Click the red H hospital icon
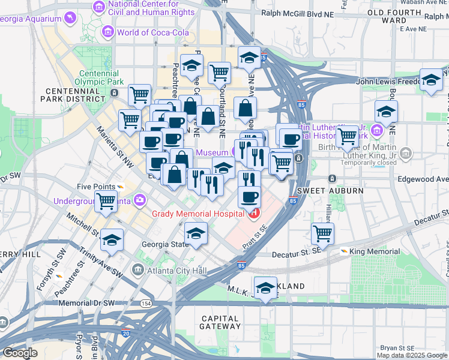pyautogui.click(x=255, y=213)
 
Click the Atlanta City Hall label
pyautogui.click(x=176, y=271)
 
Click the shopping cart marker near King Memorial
pyautogui.click(x=322, y=233)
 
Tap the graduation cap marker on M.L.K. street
pyautogui.click(x=265, y=288)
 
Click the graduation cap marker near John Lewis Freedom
pyautogui.click(x=430, y=80)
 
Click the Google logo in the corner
pyautogui.click(x=20, y=353)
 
